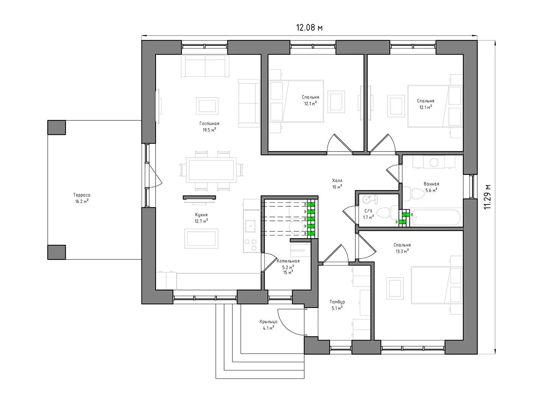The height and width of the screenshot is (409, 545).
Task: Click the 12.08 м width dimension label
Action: click(309, 28)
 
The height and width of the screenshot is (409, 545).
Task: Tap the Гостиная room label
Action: click(209, 123)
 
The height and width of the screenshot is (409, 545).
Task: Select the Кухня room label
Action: click(201, 215)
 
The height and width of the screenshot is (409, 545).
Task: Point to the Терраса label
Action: click(82, 195)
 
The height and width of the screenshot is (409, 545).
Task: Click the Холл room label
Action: click(337, 181)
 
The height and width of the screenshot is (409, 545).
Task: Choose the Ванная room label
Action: click(431, 184)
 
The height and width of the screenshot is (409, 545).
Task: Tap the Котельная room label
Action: click(288, 261)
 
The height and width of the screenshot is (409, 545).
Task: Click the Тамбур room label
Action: click(337, 302)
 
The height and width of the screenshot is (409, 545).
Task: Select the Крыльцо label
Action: click(268, 322)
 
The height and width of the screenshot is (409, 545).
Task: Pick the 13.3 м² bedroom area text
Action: click(402, 251)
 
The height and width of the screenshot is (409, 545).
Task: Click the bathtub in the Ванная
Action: click(436, 217)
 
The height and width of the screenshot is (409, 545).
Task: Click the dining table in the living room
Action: click(211, 170)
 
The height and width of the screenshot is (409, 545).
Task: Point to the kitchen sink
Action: click(251, 226)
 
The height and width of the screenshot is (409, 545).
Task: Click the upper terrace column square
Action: click(57, 127)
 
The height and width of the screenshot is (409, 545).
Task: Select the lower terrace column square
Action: click(57, 252)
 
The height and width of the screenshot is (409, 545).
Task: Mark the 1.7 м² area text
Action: click(369, 217)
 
